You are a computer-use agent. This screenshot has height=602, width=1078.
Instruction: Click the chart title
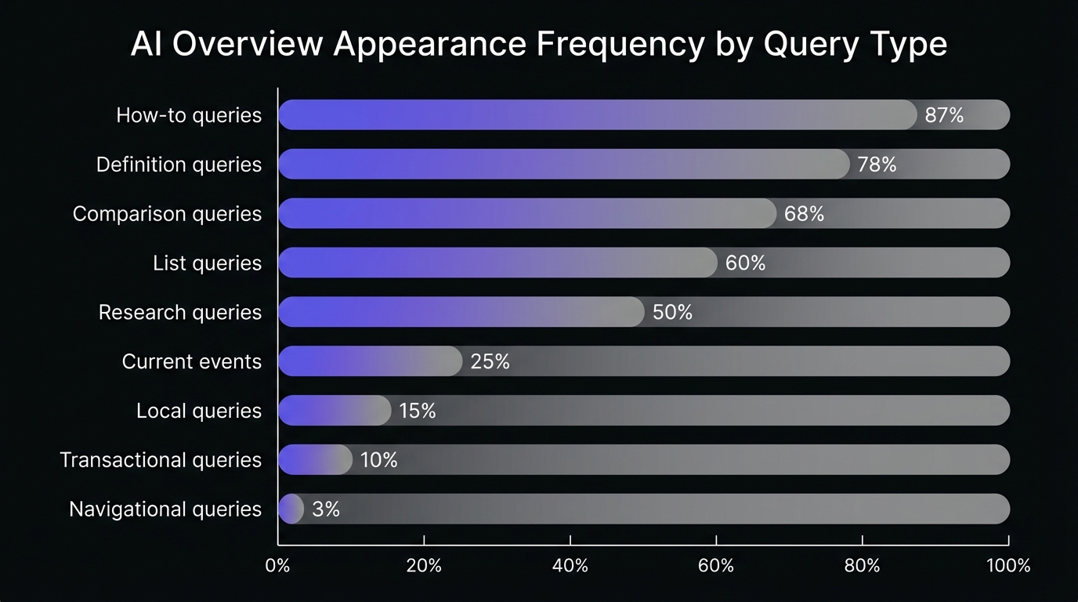(x=538, y=45)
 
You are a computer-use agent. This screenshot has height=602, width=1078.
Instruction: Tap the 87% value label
(x=944, y=115)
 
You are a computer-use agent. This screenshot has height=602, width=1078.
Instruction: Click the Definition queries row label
(x=179, y=165)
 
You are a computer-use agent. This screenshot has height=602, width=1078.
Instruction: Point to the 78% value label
(x=877, y=165)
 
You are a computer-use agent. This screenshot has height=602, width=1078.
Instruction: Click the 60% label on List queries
(x=745, y=263)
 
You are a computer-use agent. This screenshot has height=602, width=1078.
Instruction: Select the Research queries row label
(x=180, y=312)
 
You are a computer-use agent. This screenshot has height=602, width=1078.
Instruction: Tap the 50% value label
(x=672, y=312)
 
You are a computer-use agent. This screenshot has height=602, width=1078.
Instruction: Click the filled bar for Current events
(x=370, y=361)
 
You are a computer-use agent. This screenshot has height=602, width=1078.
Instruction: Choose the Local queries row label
(x=199, y=411)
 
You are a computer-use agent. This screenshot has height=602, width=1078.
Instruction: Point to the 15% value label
(x=417, y=411)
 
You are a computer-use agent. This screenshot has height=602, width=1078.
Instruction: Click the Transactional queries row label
(x=161, y=460)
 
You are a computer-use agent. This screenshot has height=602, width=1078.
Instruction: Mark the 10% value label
(x=378, y=460)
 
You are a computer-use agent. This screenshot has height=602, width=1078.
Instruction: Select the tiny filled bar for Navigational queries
(x=291, y=509)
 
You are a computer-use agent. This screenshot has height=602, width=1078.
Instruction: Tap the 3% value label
(x=325, y=510)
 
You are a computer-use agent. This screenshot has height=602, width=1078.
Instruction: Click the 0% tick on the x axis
(x=278, y=565)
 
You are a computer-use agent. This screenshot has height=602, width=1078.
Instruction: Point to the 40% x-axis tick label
(x=570, y=565)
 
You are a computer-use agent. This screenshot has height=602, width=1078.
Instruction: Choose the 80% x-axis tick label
(x=862, y=565)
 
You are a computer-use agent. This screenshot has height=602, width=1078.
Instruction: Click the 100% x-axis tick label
(x=1007, y=565)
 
